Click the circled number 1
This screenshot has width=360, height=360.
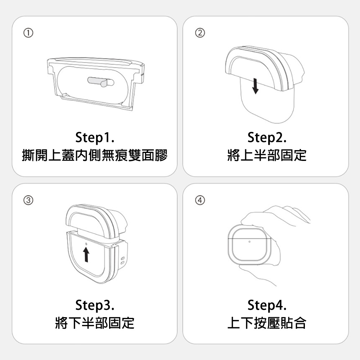click(28, 33)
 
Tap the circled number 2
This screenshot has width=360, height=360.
click(200, 33)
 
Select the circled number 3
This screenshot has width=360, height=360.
click(28, 200)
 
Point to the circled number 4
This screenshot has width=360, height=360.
click(200, 200)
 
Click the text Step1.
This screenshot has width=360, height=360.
click(95, 138)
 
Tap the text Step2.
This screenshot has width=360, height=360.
click(267, 138)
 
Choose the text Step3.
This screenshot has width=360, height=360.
click(95, 305)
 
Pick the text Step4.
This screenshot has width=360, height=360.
click(267, 305)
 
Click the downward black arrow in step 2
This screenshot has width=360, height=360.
click(255, 86)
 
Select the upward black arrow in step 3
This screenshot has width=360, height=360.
click(86, 254)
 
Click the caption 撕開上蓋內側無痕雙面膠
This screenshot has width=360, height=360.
click(95, 156)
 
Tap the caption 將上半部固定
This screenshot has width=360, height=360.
click(267, 156)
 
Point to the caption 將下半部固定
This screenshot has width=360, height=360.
click(95, 323)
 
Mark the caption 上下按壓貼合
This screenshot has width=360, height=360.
click(267, 323)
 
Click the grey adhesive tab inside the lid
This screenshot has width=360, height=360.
click(101, 82)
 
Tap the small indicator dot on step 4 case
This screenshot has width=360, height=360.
click(249, 242)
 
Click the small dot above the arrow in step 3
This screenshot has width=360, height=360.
click(86, 244)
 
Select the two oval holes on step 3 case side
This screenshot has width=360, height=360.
click(123, 260)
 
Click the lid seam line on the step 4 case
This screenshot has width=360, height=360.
click(249, 238)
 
